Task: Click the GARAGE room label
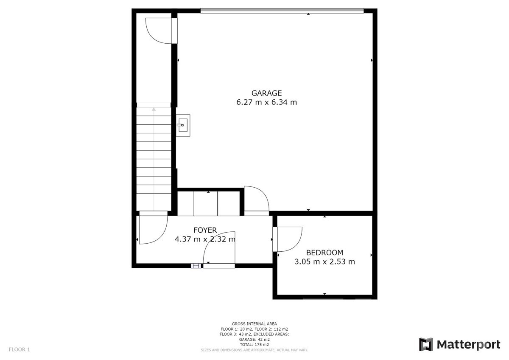point(266,93)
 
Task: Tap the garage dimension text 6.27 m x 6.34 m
point(266,102)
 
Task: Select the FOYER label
point(205,230)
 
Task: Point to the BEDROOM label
point(324,253)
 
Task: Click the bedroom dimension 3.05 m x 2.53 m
point(324,262)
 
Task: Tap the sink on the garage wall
point(183,125)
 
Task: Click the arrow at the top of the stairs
point(154,110)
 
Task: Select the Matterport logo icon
point(426,345)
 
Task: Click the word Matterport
point(469,345)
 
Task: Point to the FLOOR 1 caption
point(20,349)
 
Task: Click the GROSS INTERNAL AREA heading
point(254,323)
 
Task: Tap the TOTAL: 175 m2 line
point(254,345)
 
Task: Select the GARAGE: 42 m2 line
point(254,339)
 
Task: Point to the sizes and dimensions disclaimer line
point(254,350)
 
